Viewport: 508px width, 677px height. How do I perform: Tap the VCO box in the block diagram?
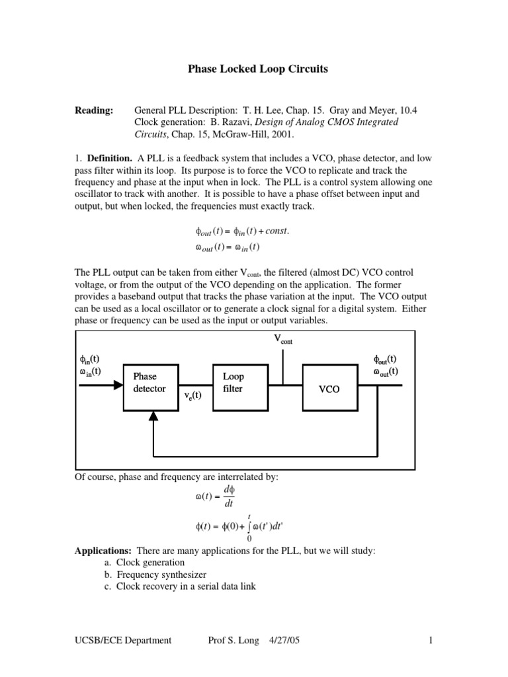(x=329, y=389)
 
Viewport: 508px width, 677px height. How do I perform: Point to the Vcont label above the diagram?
(x=282, y=340)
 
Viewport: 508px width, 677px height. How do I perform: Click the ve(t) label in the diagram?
(x=193, y=395)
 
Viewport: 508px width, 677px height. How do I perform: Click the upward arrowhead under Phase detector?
(x=153, y=415)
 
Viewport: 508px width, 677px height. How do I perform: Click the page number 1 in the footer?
(x=430, y=639)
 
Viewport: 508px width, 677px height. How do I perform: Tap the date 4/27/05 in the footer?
(x=286, y=639)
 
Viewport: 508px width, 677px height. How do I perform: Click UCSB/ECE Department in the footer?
(x=124, y=639)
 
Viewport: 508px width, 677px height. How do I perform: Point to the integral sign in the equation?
(x=249, y=527)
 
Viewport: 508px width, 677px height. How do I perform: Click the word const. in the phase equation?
(x=274, y=231)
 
